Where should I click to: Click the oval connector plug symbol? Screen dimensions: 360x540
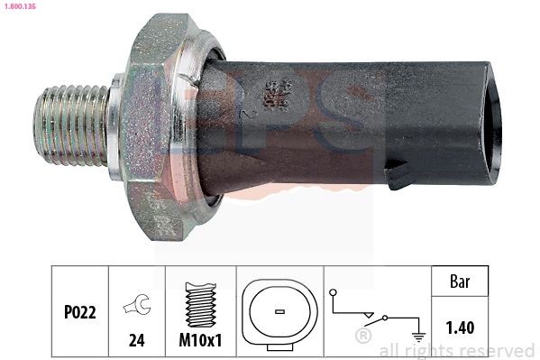tap(279, 312)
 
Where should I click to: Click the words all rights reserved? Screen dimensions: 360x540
tap(457, 350)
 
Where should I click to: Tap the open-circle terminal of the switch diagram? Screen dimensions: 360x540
tap(333, 292)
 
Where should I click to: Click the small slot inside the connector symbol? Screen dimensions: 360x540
tap(279, 312)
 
